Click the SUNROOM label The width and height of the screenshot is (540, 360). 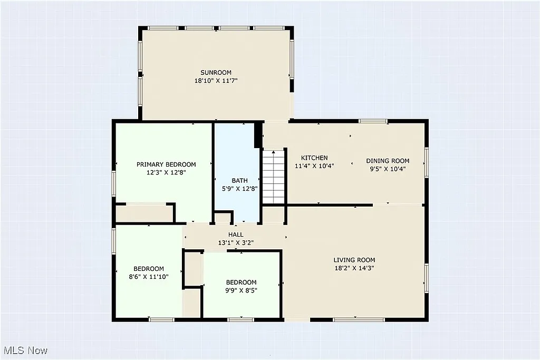(x=216, y=73)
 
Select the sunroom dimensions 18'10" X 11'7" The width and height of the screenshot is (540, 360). (x=216, y=81)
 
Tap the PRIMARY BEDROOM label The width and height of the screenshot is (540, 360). (x=166, y=164)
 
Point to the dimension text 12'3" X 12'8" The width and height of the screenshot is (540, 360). (x=166, y=172)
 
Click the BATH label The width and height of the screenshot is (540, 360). (x=239, y=181)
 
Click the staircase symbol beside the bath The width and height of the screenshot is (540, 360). (x=274, y=176)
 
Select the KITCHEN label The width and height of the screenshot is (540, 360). (x=314, y=158)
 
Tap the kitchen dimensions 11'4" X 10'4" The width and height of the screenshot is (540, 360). (x=314, y=166)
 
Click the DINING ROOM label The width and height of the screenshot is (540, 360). (x=388, y=161)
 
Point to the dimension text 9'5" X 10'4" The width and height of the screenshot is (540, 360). (x=388, y=169)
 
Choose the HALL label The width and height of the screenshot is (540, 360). (x=236, y=235)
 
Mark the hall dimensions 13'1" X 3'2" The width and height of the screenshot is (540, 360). (x=236, y=243)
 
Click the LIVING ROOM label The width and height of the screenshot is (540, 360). (x=354, y=260)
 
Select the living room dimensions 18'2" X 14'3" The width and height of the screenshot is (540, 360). (x=354, y=268)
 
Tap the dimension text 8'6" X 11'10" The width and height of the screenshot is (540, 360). (x=148, y=277)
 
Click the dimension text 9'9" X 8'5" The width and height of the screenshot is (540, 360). (x=241, y=290)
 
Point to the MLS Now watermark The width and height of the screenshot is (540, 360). (x=25, y=351)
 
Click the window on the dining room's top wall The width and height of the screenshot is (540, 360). (x=373, y=121)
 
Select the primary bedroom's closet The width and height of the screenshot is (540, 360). (x=144, y=213)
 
